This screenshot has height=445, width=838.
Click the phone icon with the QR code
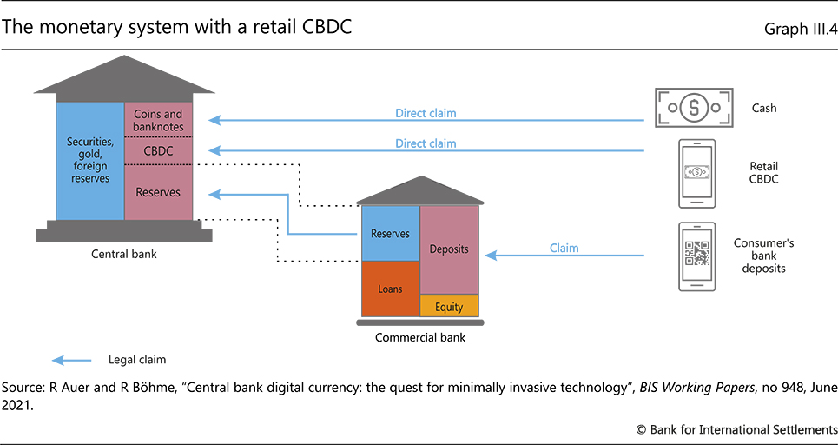tap(696, 256)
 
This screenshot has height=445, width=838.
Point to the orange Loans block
tap(390, 289)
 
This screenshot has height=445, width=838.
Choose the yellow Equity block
tap(449, 306)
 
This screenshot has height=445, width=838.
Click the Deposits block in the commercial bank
tap(449, 249)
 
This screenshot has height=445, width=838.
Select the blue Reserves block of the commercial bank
tap(390, 233)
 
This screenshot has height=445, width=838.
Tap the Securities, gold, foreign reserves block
tap(89, 160)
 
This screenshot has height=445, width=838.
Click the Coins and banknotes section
tap(158, 121)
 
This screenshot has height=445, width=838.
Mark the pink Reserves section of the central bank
tap(158, 192)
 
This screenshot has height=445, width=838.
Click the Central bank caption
tap(124, 255)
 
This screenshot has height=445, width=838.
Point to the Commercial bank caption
tap(419, 337)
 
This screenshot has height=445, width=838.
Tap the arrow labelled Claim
tap(564, 256)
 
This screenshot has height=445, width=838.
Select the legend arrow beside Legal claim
tap(72, 358)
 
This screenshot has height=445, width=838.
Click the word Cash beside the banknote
tap(764, 109)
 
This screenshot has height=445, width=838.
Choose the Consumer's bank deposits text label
tap(764, 256)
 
